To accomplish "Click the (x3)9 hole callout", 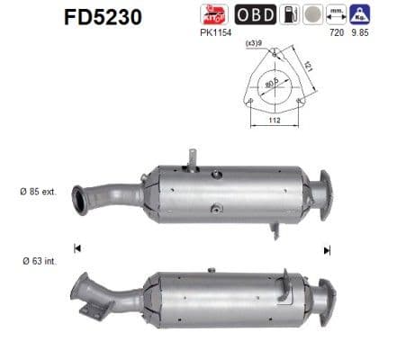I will pyautogui.click(x=254, y=41).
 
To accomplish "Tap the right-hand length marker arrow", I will pyautogui.click(x=327, y=249).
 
